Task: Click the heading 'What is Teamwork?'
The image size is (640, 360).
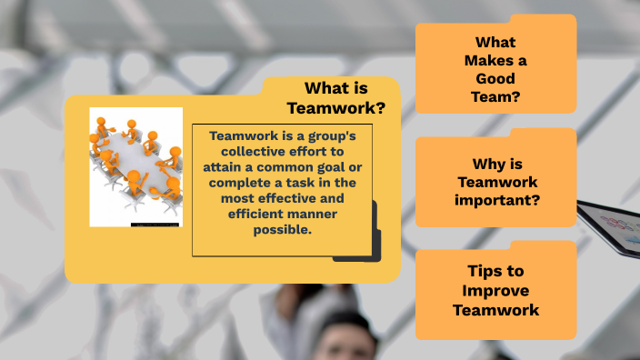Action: pos(335,97)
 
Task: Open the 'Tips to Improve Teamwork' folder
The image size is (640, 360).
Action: pos(495,290)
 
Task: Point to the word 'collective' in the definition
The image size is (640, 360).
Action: pos(243,152)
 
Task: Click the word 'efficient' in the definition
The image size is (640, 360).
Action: pos(258,214)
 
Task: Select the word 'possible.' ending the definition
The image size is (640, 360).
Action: pos(282,229)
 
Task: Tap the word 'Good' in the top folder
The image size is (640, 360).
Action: pos(495,77)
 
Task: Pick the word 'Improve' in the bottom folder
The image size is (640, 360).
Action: pos(495,290)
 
